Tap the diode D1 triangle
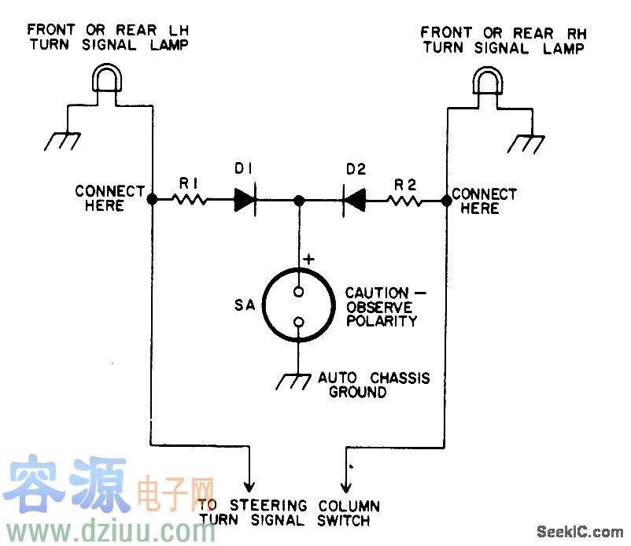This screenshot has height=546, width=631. [245, 201]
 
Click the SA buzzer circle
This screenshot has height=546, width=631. [299, 305]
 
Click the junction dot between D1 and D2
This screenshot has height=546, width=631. [299, 201]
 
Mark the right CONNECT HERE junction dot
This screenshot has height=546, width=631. [446, 201]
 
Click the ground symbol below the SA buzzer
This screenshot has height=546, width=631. [293, 382]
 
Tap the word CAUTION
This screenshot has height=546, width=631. [377, 293]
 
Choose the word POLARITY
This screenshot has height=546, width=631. [381, 321]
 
